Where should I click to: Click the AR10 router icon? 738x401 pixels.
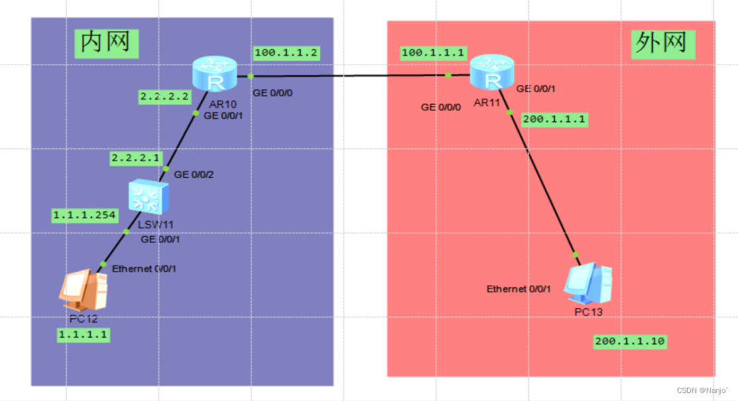click(x=215, y=74)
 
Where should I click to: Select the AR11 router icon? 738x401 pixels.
click(x=492, y=72)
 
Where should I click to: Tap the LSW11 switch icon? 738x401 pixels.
click(x=149, y=197)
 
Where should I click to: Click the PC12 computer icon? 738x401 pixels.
click(x=84, y=290)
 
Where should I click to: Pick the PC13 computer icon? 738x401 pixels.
click(x=588, y=283)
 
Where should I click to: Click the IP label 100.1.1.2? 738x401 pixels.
click(x=286, y=53)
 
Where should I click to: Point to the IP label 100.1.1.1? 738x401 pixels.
click(x=432, y=53)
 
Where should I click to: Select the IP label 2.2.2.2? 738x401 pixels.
click(x=164, y=97)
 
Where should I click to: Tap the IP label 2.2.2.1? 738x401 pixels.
click(x=136, y=158)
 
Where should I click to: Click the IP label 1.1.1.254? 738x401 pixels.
click(x=84, y=215)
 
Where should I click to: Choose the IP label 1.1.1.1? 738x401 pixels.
click(x=84, y=335)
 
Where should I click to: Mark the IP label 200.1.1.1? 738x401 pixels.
click(x=554, y=119)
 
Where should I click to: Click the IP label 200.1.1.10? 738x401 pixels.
click(x=630, y=341)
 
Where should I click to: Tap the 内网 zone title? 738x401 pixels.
click(x=106, y=43)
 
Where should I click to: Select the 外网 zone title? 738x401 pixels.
click(x=662, y=44)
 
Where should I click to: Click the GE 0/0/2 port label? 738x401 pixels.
click(x=194, y=174)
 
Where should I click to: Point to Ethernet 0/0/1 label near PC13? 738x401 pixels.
click(x=519, y=289)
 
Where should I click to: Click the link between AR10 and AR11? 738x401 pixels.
click(x=353, y=76)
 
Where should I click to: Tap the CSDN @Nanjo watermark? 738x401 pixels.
click(x=702, y=390)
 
